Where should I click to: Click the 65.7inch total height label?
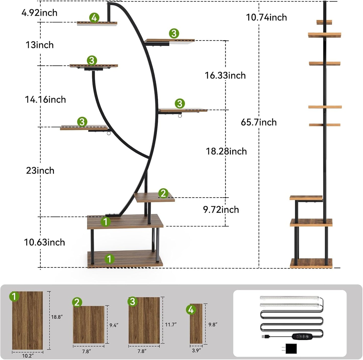tap(258, 122)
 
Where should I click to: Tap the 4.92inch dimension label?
tap(39, 13)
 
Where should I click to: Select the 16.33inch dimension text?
tap(225, 75)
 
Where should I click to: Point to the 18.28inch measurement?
tap(226, 151)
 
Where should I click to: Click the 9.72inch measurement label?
tap(221, 210)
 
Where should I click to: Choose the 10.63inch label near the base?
tap(44, 242)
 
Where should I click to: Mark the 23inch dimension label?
tap(40, 171)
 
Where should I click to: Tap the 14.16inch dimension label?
tap(45, 100)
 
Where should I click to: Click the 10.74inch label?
tap(266, 18)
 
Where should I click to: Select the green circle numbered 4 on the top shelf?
tap(94, 18)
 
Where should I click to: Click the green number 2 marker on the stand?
tap(163, 193)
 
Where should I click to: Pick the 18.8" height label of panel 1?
tap(57, 317)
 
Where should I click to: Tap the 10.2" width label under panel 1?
tap(28, 356)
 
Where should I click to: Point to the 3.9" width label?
tap(196, 350)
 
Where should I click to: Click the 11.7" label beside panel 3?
tap(171, 325)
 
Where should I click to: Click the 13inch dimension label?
tap(40, 45)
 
